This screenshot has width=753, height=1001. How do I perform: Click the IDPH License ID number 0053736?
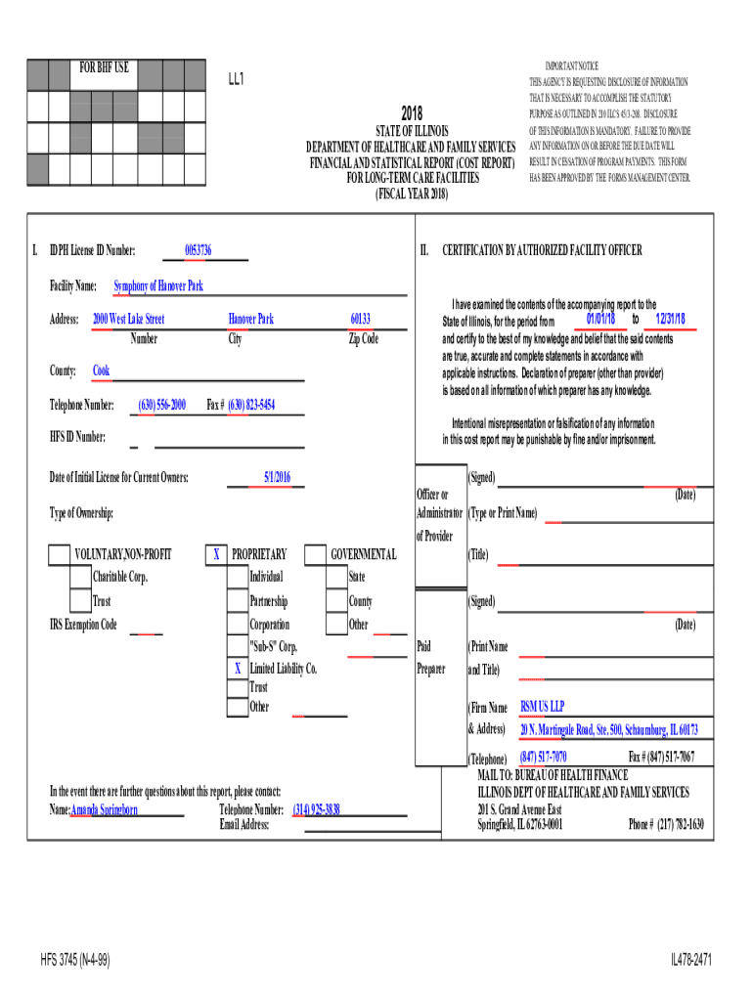tap(198, 251)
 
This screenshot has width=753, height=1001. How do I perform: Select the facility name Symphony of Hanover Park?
tap(157, 286)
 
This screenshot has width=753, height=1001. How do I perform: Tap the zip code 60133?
tap(360, 320)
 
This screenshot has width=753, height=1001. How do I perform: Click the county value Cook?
tap(101, 370)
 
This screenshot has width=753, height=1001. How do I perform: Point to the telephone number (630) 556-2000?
tap(162, 405)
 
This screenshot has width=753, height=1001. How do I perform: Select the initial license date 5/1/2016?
tap(277, 477)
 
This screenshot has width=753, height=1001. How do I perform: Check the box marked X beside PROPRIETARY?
tap(215, 555)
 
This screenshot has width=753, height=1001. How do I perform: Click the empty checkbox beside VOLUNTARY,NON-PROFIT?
tap(61, 555)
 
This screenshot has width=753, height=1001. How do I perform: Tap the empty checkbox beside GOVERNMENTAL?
tap(315, 555)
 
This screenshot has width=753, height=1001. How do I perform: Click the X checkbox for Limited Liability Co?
tap(237, 670)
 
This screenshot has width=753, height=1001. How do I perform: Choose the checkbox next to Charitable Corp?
tap(80, 578)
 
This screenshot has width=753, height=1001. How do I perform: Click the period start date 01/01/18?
tap(600, 320)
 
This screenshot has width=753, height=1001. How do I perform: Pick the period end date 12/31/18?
tap(671, 320)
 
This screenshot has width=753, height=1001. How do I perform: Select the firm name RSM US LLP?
tap(542, 706)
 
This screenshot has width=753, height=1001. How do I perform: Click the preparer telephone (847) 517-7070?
tap(543, 758)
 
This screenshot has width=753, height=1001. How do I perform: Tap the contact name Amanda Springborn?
tap(105, 810)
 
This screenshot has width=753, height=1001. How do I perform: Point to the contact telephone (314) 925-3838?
tap(317, 810)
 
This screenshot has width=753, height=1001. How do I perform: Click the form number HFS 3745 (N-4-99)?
tap(75, 961)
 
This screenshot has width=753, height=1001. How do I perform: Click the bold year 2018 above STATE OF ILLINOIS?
tap(411, 114)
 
